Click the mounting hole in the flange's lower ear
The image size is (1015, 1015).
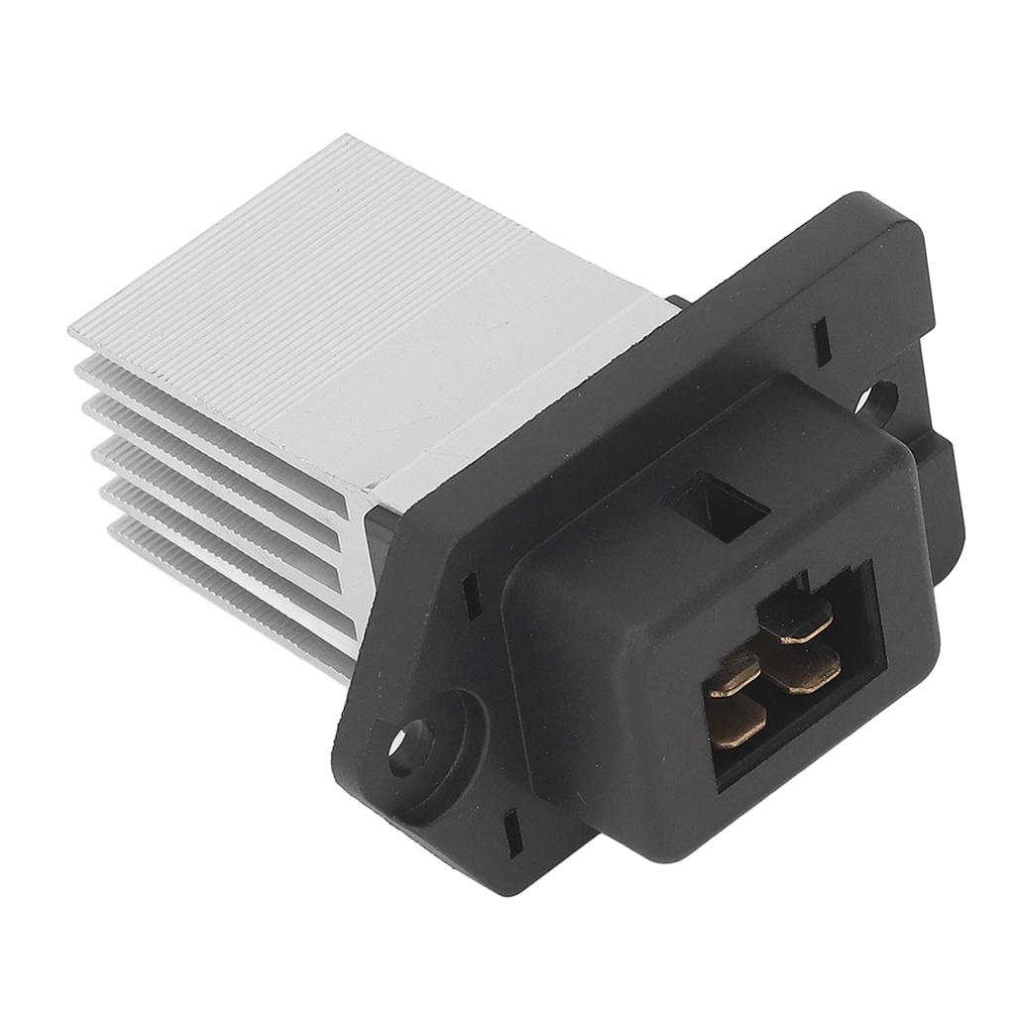coord(409,744)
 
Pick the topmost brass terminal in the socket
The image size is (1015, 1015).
coord(795,617)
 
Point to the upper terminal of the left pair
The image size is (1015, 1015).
coord(734,675)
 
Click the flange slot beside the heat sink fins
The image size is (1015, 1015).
coord(472,595)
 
